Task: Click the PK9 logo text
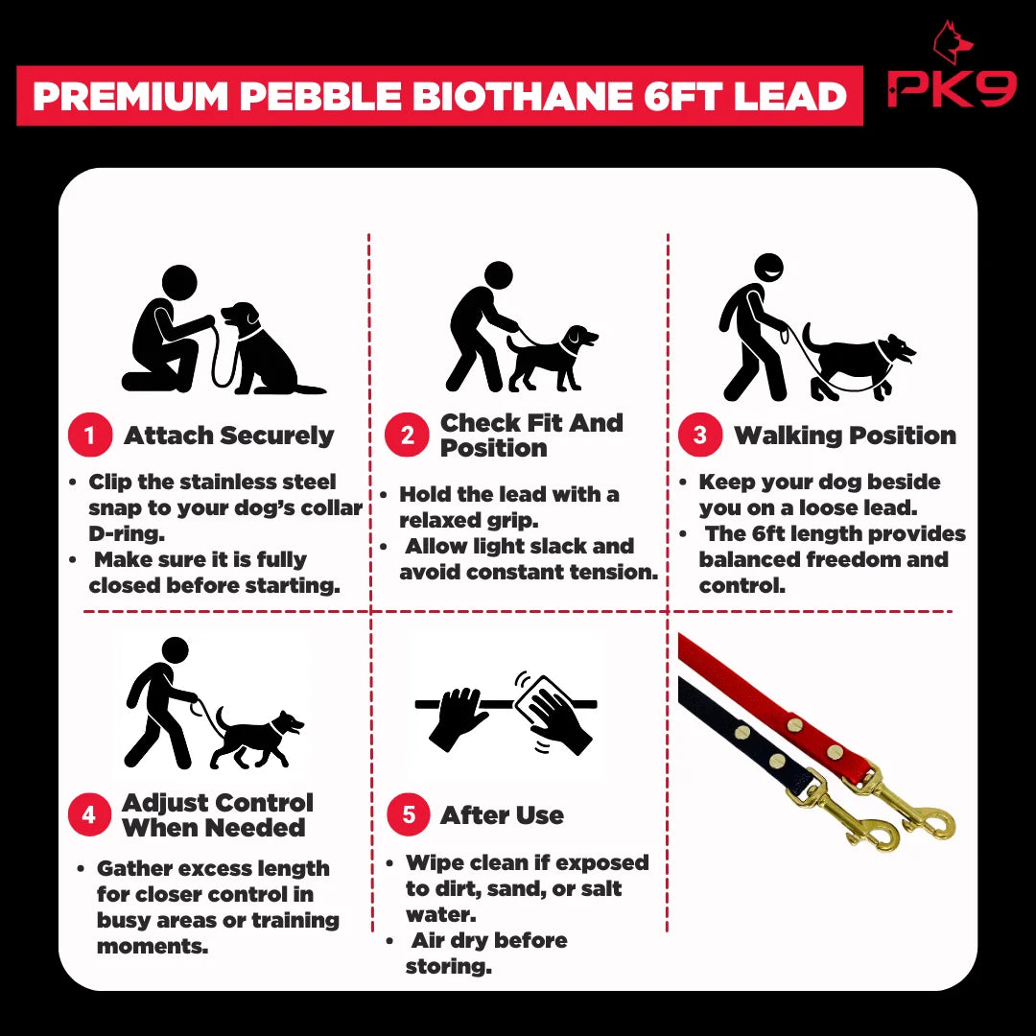pyautogui.click(x=952, y=88)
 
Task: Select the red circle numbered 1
pyautogui.click(x=90, y=435)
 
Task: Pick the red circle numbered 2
pyautogui.click(x=407, y=435)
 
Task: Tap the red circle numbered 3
pyautogui.click(x=699, y=435)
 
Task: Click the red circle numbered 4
pyautogui.click(x=89, y=814)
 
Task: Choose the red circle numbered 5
pyautogui.click(x=409, y=814)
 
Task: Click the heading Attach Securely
pyautogui.click(x=228, y=436)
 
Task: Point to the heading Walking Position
pyautogui.click(x=845, y=436)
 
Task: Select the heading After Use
pyautogui.click(x=502, y=815)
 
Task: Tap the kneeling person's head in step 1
pyautogui.click(x=179, y=282)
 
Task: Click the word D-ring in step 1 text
pyautogui.click(x=127, y=533)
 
